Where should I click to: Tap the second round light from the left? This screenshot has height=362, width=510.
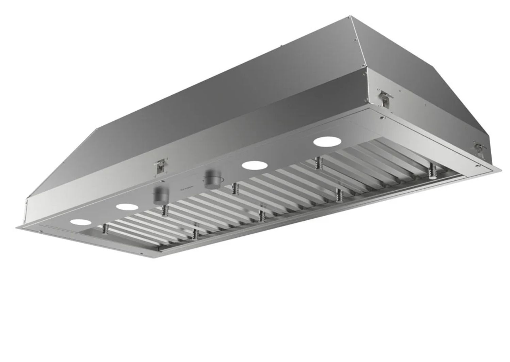click(126, 206)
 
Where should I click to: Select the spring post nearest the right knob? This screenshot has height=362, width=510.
click(234, 188)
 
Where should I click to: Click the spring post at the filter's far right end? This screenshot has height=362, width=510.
click(432, 170)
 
